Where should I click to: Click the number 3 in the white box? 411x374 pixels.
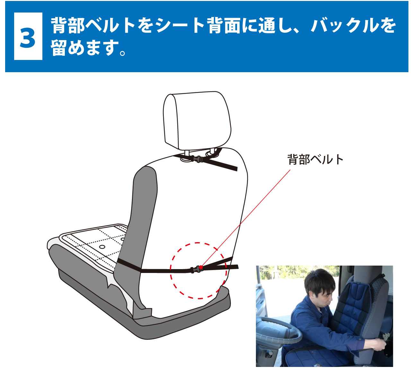[x=28, y=37]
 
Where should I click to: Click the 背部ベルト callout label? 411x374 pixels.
[x=315, y=159]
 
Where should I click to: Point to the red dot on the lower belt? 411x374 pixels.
[x=201, y=267]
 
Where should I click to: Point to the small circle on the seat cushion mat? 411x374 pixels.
[x=102, y=247]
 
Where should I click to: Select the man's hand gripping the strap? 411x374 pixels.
[x=379, y=345]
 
